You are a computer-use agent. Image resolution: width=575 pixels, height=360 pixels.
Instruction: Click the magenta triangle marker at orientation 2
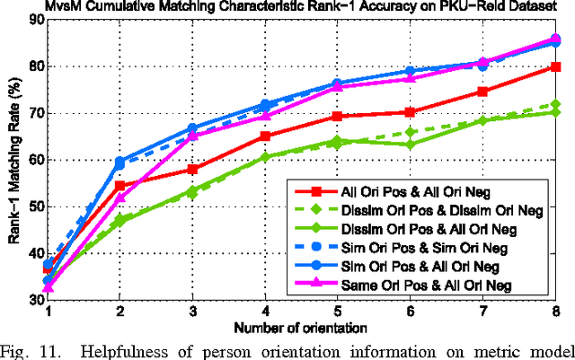tap(120, 198)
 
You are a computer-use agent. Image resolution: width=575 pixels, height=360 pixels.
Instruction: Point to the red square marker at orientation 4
tap(265, 136)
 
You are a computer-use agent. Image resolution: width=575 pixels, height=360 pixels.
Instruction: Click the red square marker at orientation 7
tap(482, 92)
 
